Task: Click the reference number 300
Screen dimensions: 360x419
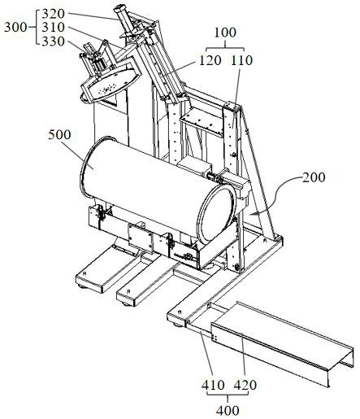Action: point(15,28)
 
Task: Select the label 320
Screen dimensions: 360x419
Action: point(54,14)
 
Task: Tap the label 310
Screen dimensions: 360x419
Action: point(54,28)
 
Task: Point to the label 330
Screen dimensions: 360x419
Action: point(54,41)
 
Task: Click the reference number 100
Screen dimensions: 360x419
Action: point(225,33)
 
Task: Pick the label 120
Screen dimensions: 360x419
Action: point(210,60)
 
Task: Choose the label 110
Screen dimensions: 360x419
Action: point(241,60)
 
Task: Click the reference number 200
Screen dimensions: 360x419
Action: point(314,177)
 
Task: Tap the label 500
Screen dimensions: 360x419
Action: point(59,135)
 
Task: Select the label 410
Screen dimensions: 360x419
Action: point(213,385)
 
